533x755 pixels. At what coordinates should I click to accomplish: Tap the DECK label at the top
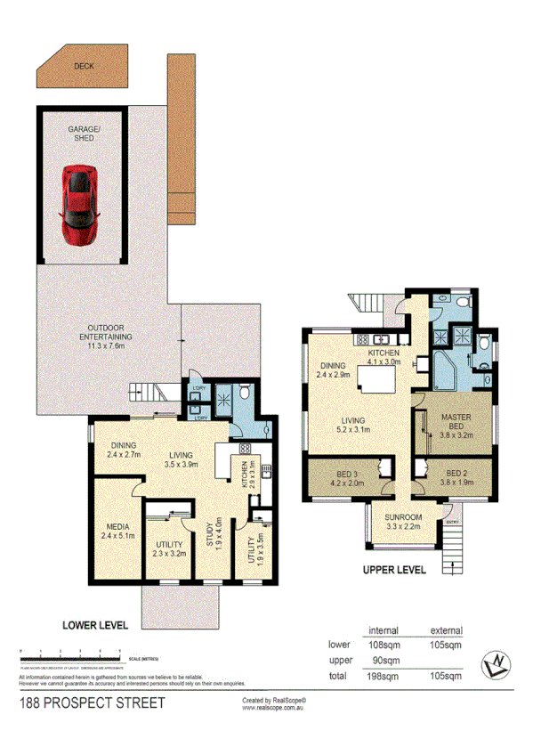(x=85, y=66)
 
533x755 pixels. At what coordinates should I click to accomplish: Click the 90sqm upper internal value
(x=384, y=660)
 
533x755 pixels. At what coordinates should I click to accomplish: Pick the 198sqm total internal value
(x=384, y=676)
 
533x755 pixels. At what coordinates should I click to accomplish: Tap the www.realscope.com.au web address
(x=273, y=710)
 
